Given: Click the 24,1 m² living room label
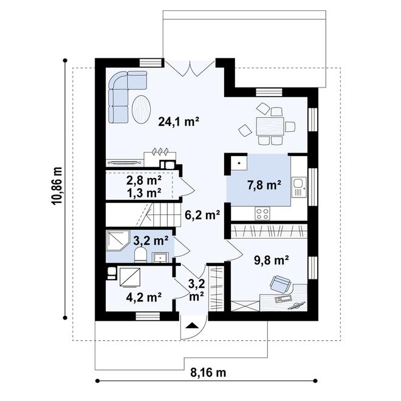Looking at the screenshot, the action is [179, 122].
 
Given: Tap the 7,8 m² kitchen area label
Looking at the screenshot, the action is [264, 185].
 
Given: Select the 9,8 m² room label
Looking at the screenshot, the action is [272, 260].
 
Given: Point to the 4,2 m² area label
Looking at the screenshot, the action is [144, 297].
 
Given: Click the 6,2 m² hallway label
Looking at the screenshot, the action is [202, 215].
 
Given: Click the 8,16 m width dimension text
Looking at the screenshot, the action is [208, 372].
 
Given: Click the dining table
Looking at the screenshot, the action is [270, 126].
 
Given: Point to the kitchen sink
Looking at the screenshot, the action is [298, 188].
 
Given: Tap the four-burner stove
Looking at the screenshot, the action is [262, 213].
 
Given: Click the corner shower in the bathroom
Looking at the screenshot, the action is [118, 241].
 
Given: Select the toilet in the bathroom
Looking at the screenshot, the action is [140, 255].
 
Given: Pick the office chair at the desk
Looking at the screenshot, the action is [281, 284].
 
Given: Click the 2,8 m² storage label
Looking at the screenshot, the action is [144, 181].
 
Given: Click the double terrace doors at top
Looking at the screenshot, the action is [190, 69].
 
